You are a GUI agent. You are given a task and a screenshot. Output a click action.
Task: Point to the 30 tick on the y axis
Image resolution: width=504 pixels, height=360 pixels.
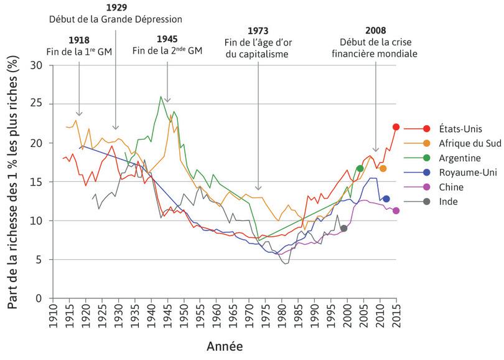click(x=42, y=65)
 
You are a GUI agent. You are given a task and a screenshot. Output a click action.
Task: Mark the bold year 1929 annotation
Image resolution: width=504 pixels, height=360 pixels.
click(x=116, y=7)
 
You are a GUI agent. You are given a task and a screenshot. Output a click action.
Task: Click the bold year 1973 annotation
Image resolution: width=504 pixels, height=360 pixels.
click(x=258, y=31)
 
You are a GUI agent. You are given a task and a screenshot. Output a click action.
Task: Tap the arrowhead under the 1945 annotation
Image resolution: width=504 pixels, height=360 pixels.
click(x=167, y=100)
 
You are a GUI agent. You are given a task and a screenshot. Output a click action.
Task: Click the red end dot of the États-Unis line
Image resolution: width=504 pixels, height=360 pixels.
click(x=396, y=127)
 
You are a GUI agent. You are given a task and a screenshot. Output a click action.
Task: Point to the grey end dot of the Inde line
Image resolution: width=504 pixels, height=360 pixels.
click(x=344, y=229)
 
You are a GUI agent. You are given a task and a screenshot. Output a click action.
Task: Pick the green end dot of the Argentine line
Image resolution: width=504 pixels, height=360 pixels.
click(x=360, y=169)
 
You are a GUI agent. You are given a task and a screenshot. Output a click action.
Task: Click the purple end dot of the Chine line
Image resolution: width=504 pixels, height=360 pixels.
click(x=396, y=211)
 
